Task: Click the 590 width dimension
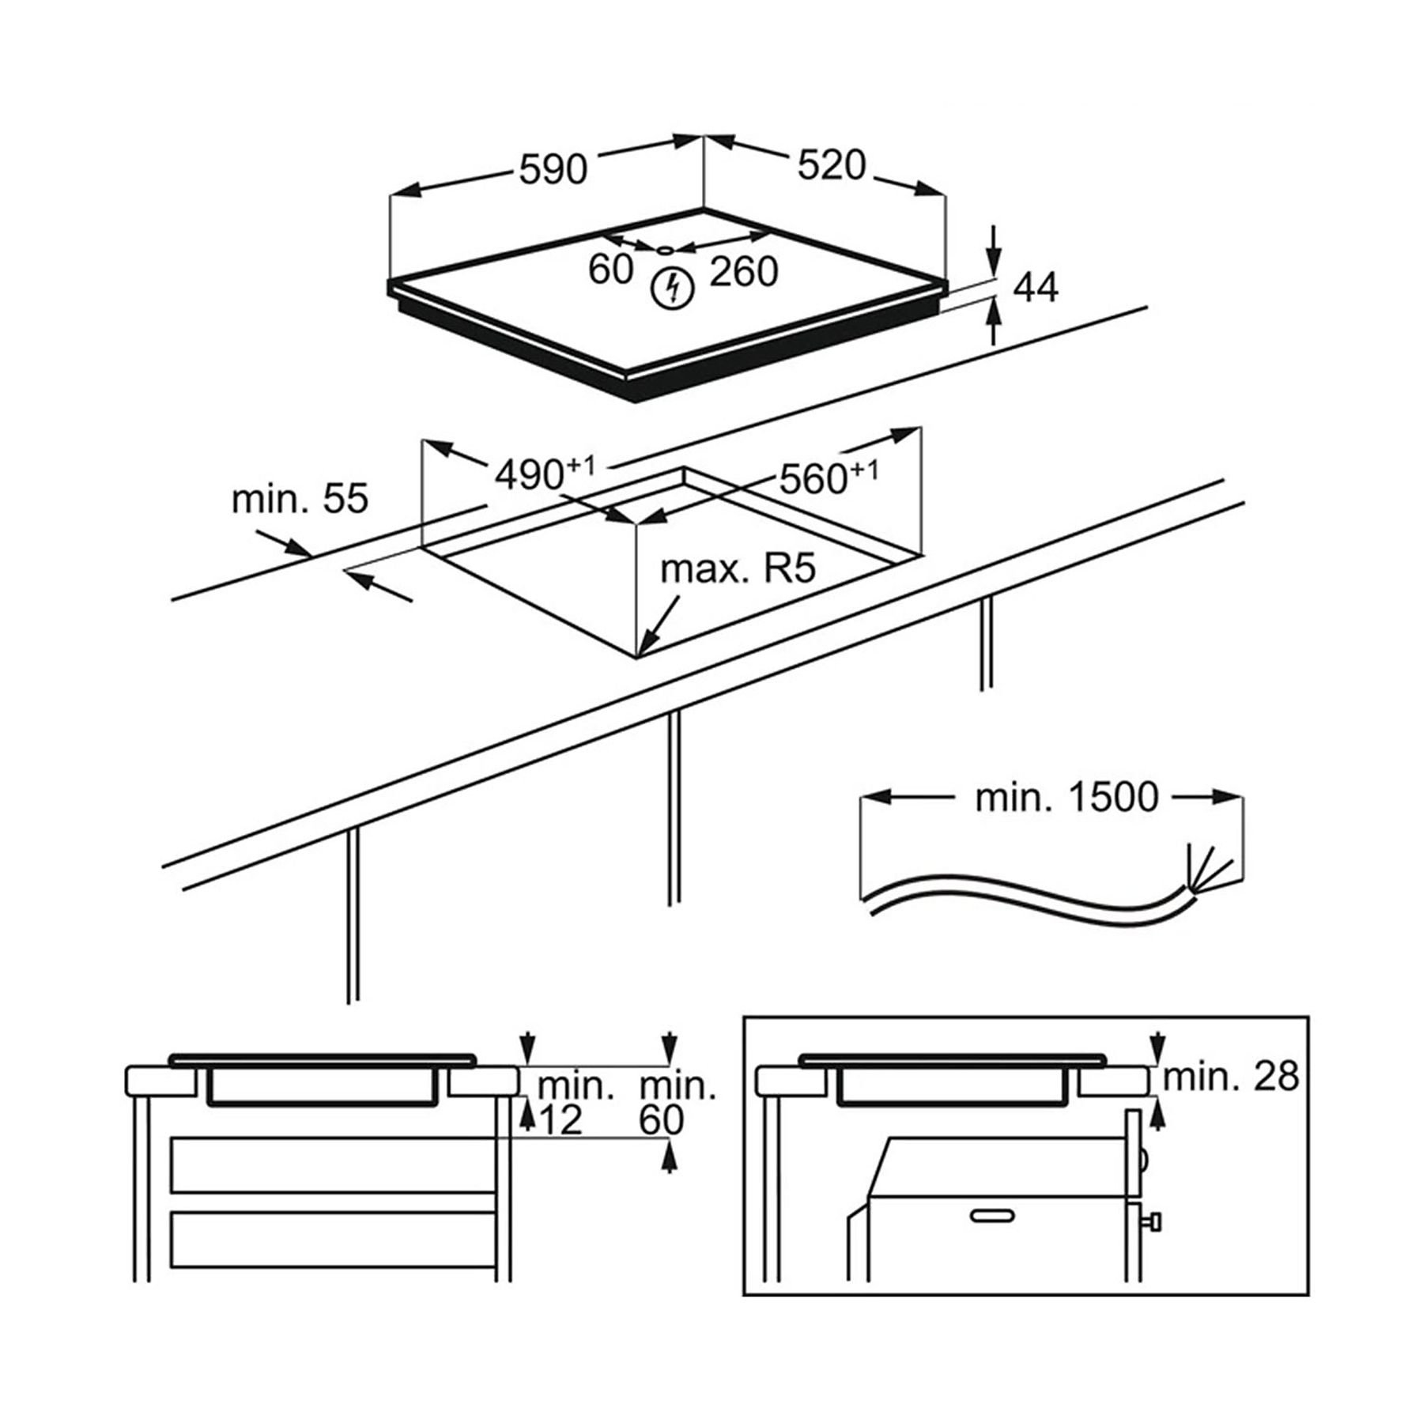(553, 169)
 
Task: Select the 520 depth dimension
(832, 166)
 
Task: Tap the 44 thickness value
(1035, 288)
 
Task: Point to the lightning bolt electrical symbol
(672, 289)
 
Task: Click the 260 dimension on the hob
(743, 272)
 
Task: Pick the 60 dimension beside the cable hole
(610, 270)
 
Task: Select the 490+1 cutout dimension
(544, 474)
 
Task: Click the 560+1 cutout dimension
(828, 477)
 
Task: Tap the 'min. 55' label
(300, 500)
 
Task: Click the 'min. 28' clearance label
(1230, 1077)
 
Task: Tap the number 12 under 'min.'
(562, 1120)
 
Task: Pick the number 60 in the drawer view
(661, 1120)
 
